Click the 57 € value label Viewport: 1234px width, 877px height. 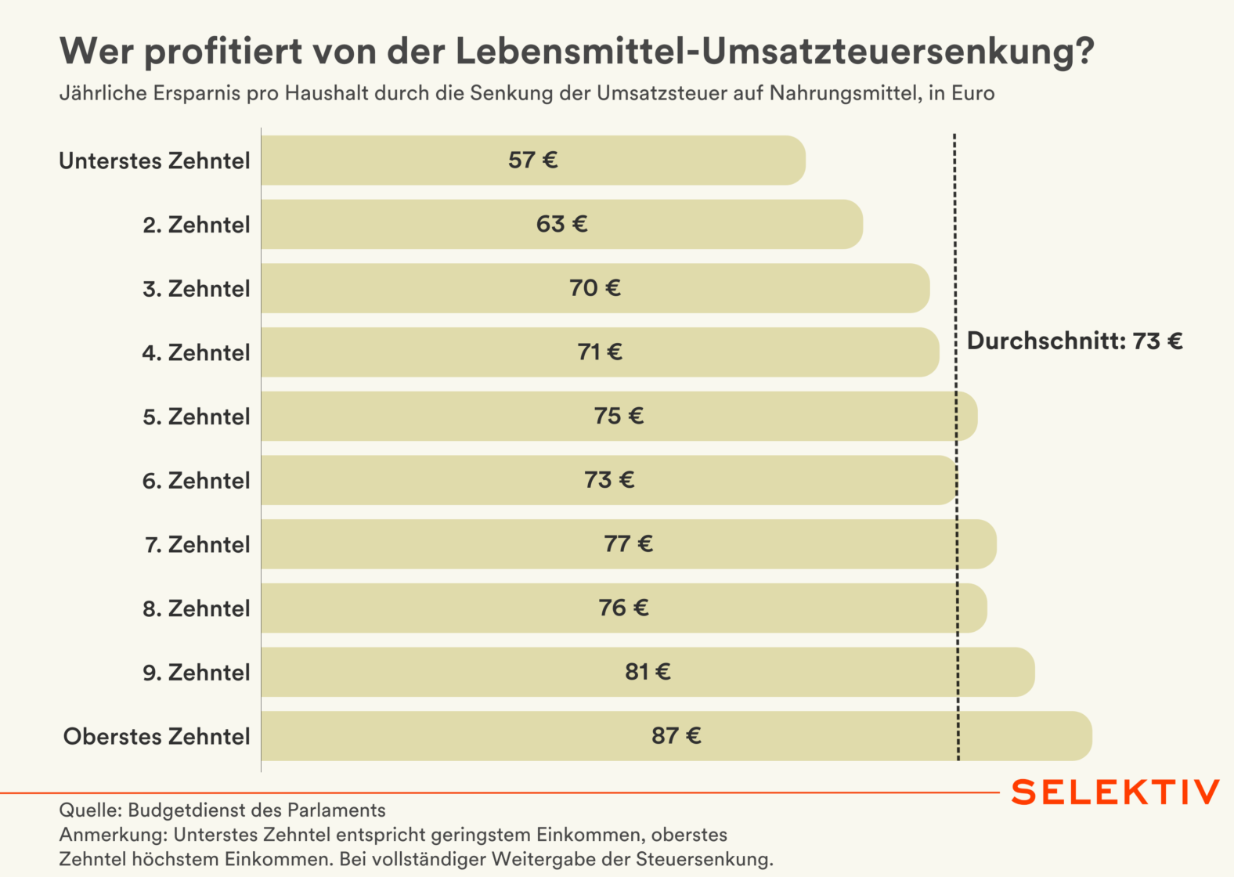click(x=532, y=161)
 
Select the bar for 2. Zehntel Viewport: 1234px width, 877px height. click(x=562, y=224)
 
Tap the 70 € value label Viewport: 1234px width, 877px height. click(x=595, y=288)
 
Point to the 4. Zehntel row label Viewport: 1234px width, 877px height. click(x=196, y=352)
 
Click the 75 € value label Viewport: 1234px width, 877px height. click(x=619, y=416)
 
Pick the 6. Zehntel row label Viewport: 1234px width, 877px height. click(x=196, y=480)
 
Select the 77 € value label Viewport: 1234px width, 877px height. click(x=629, y=543)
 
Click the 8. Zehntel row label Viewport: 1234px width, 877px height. click(x=196, y=608)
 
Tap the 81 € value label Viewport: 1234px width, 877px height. click(x=648, y=672)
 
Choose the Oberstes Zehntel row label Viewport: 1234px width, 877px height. click(x=157, y=736)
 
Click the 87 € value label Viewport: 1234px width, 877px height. click(x=677, y=735)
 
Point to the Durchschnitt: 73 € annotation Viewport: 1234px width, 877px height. click(x=1075, y=341)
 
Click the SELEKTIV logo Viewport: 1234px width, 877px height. click(x=1115, y=792)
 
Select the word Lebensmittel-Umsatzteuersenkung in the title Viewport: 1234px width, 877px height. click(x=775, y=51)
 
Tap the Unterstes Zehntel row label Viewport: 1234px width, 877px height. click(x=154, y=161)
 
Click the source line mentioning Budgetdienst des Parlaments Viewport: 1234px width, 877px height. click(x=222, y=810)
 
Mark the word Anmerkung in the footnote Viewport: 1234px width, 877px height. click(x=113, y=835)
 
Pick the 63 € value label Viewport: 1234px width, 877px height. click(x=562, y=224)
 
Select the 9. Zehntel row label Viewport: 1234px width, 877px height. click(x=196, y=672)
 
